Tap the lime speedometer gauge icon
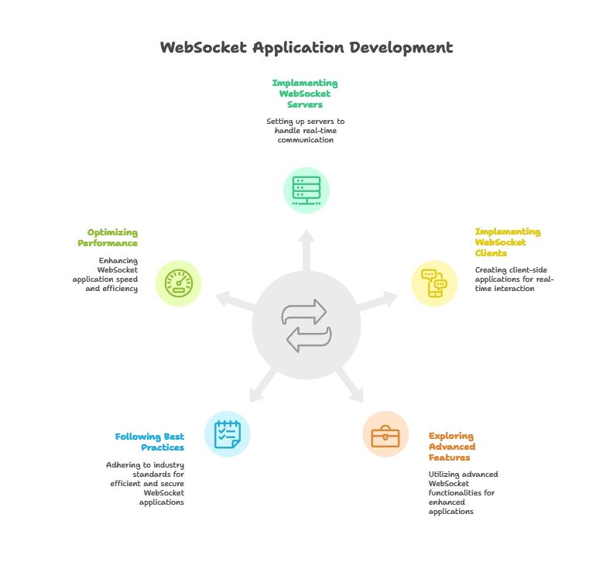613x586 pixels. (x=178, y=283)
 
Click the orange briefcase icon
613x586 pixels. (x=385, y=435)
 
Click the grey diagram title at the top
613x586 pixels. (x=306, y=48)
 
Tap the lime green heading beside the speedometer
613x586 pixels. (x=108, y=237)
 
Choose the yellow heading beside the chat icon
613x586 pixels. (x=507, y=242)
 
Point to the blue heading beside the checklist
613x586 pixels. (x=150, y=441)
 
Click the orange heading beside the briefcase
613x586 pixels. (x=452, y=447)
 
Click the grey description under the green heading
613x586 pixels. (x=306, y=131)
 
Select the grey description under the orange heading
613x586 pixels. (x=463, y=492)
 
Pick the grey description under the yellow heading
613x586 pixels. (x=512, y=280)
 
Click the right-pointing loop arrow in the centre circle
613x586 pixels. (x=304, y=311)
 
